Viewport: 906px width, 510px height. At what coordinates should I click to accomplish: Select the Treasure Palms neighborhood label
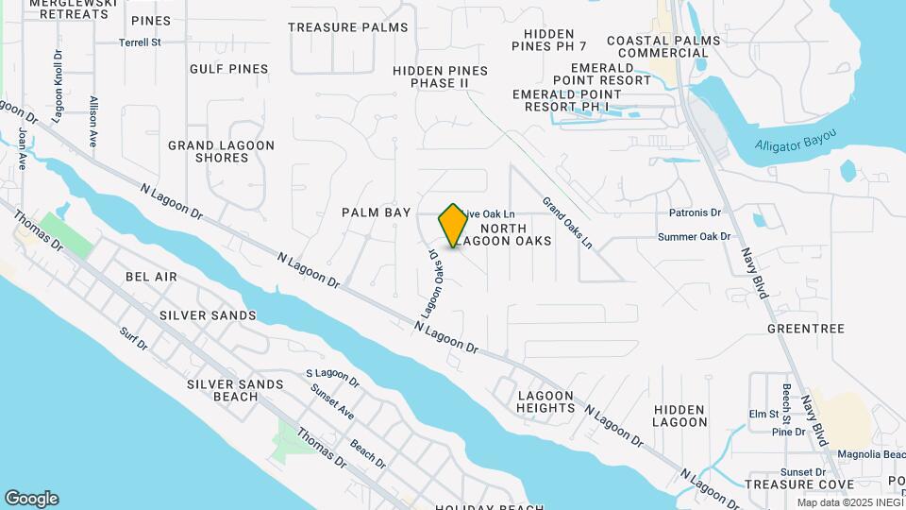348,27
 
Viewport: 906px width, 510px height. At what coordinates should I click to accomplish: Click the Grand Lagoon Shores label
221,151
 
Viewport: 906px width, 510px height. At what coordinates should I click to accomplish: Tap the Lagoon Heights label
545,401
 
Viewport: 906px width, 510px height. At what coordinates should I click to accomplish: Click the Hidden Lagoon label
679,416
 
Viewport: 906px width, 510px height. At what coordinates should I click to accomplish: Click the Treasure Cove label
786,484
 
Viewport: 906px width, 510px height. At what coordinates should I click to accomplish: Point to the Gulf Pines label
228,69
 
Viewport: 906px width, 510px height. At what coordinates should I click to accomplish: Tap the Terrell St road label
141,42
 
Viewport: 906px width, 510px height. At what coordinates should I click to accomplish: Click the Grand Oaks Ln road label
567,223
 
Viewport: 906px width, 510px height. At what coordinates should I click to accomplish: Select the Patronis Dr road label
695,213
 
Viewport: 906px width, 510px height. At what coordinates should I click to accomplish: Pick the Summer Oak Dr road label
695,237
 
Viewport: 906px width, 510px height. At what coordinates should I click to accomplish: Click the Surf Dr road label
134,339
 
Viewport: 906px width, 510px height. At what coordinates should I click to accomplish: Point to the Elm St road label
763,414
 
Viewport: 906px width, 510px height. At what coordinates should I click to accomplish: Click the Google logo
31,499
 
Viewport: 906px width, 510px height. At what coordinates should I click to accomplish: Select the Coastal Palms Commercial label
663,46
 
